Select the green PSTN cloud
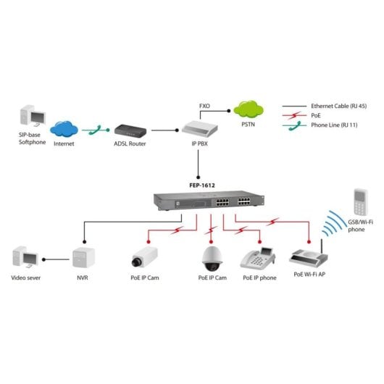tap(249, 110)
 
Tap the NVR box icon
tap(83, 256)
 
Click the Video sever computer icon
tap(27, 257)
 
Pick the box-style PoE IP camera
tap(143, 258)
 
